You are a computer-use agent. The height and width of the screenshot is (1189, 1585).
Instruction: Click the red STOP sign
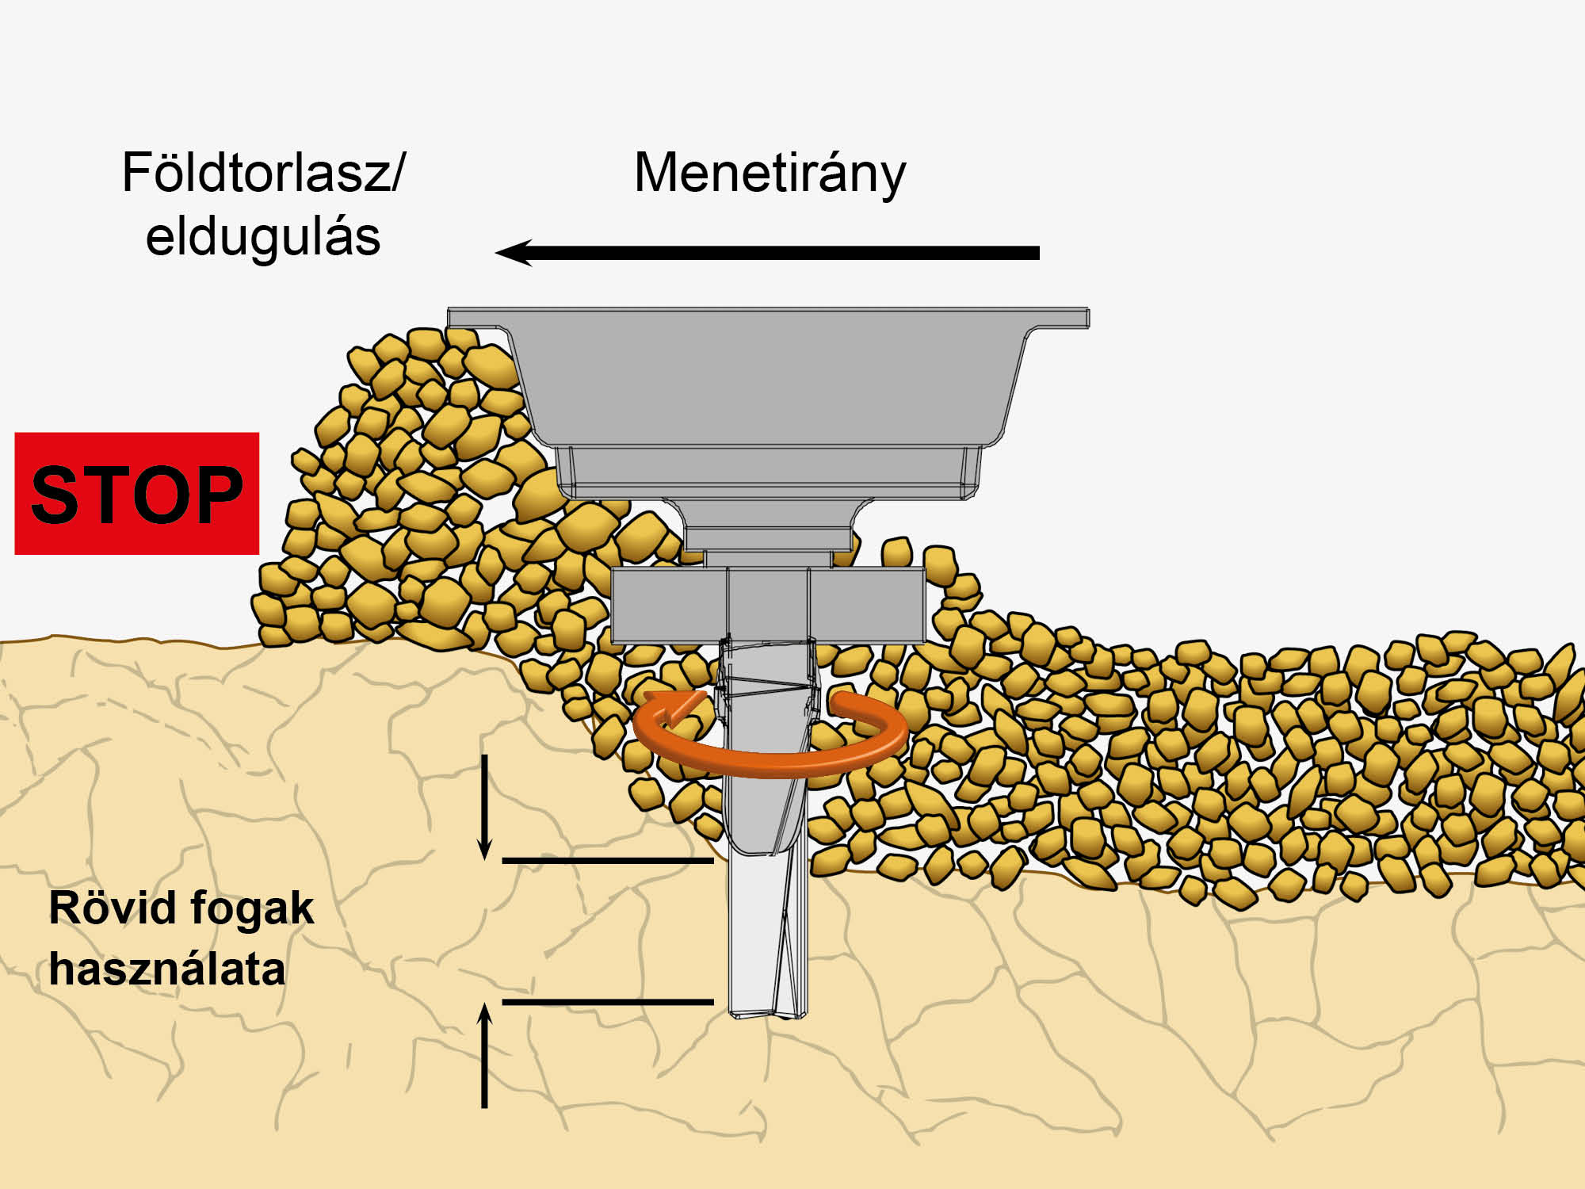pyautogui.click(x=136, y=493)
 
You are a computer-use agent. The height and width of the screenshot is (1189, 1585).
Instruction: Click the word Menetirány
pyautogui.click(x=770, y=174)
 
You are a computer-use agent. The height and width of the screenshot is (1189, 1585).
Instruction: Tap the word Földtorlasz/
pyautogui.click(x=263, y=173)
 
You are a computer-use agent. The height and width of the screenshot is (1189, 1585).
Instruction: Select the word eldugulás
pyautogui.click(x=263, y=237)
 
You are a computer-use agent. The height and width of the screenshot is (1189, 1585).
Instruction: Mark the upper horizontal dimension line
pyautogui.click(x=608, y=860)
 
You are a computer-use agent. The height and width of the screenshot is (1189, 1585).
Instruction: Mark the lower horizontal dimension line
pyautogui.click(x=608, y=1002)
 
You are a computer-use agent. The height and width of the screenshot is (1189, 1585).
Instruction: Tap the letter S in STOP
pyautogui.click(x=59, y=495)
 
